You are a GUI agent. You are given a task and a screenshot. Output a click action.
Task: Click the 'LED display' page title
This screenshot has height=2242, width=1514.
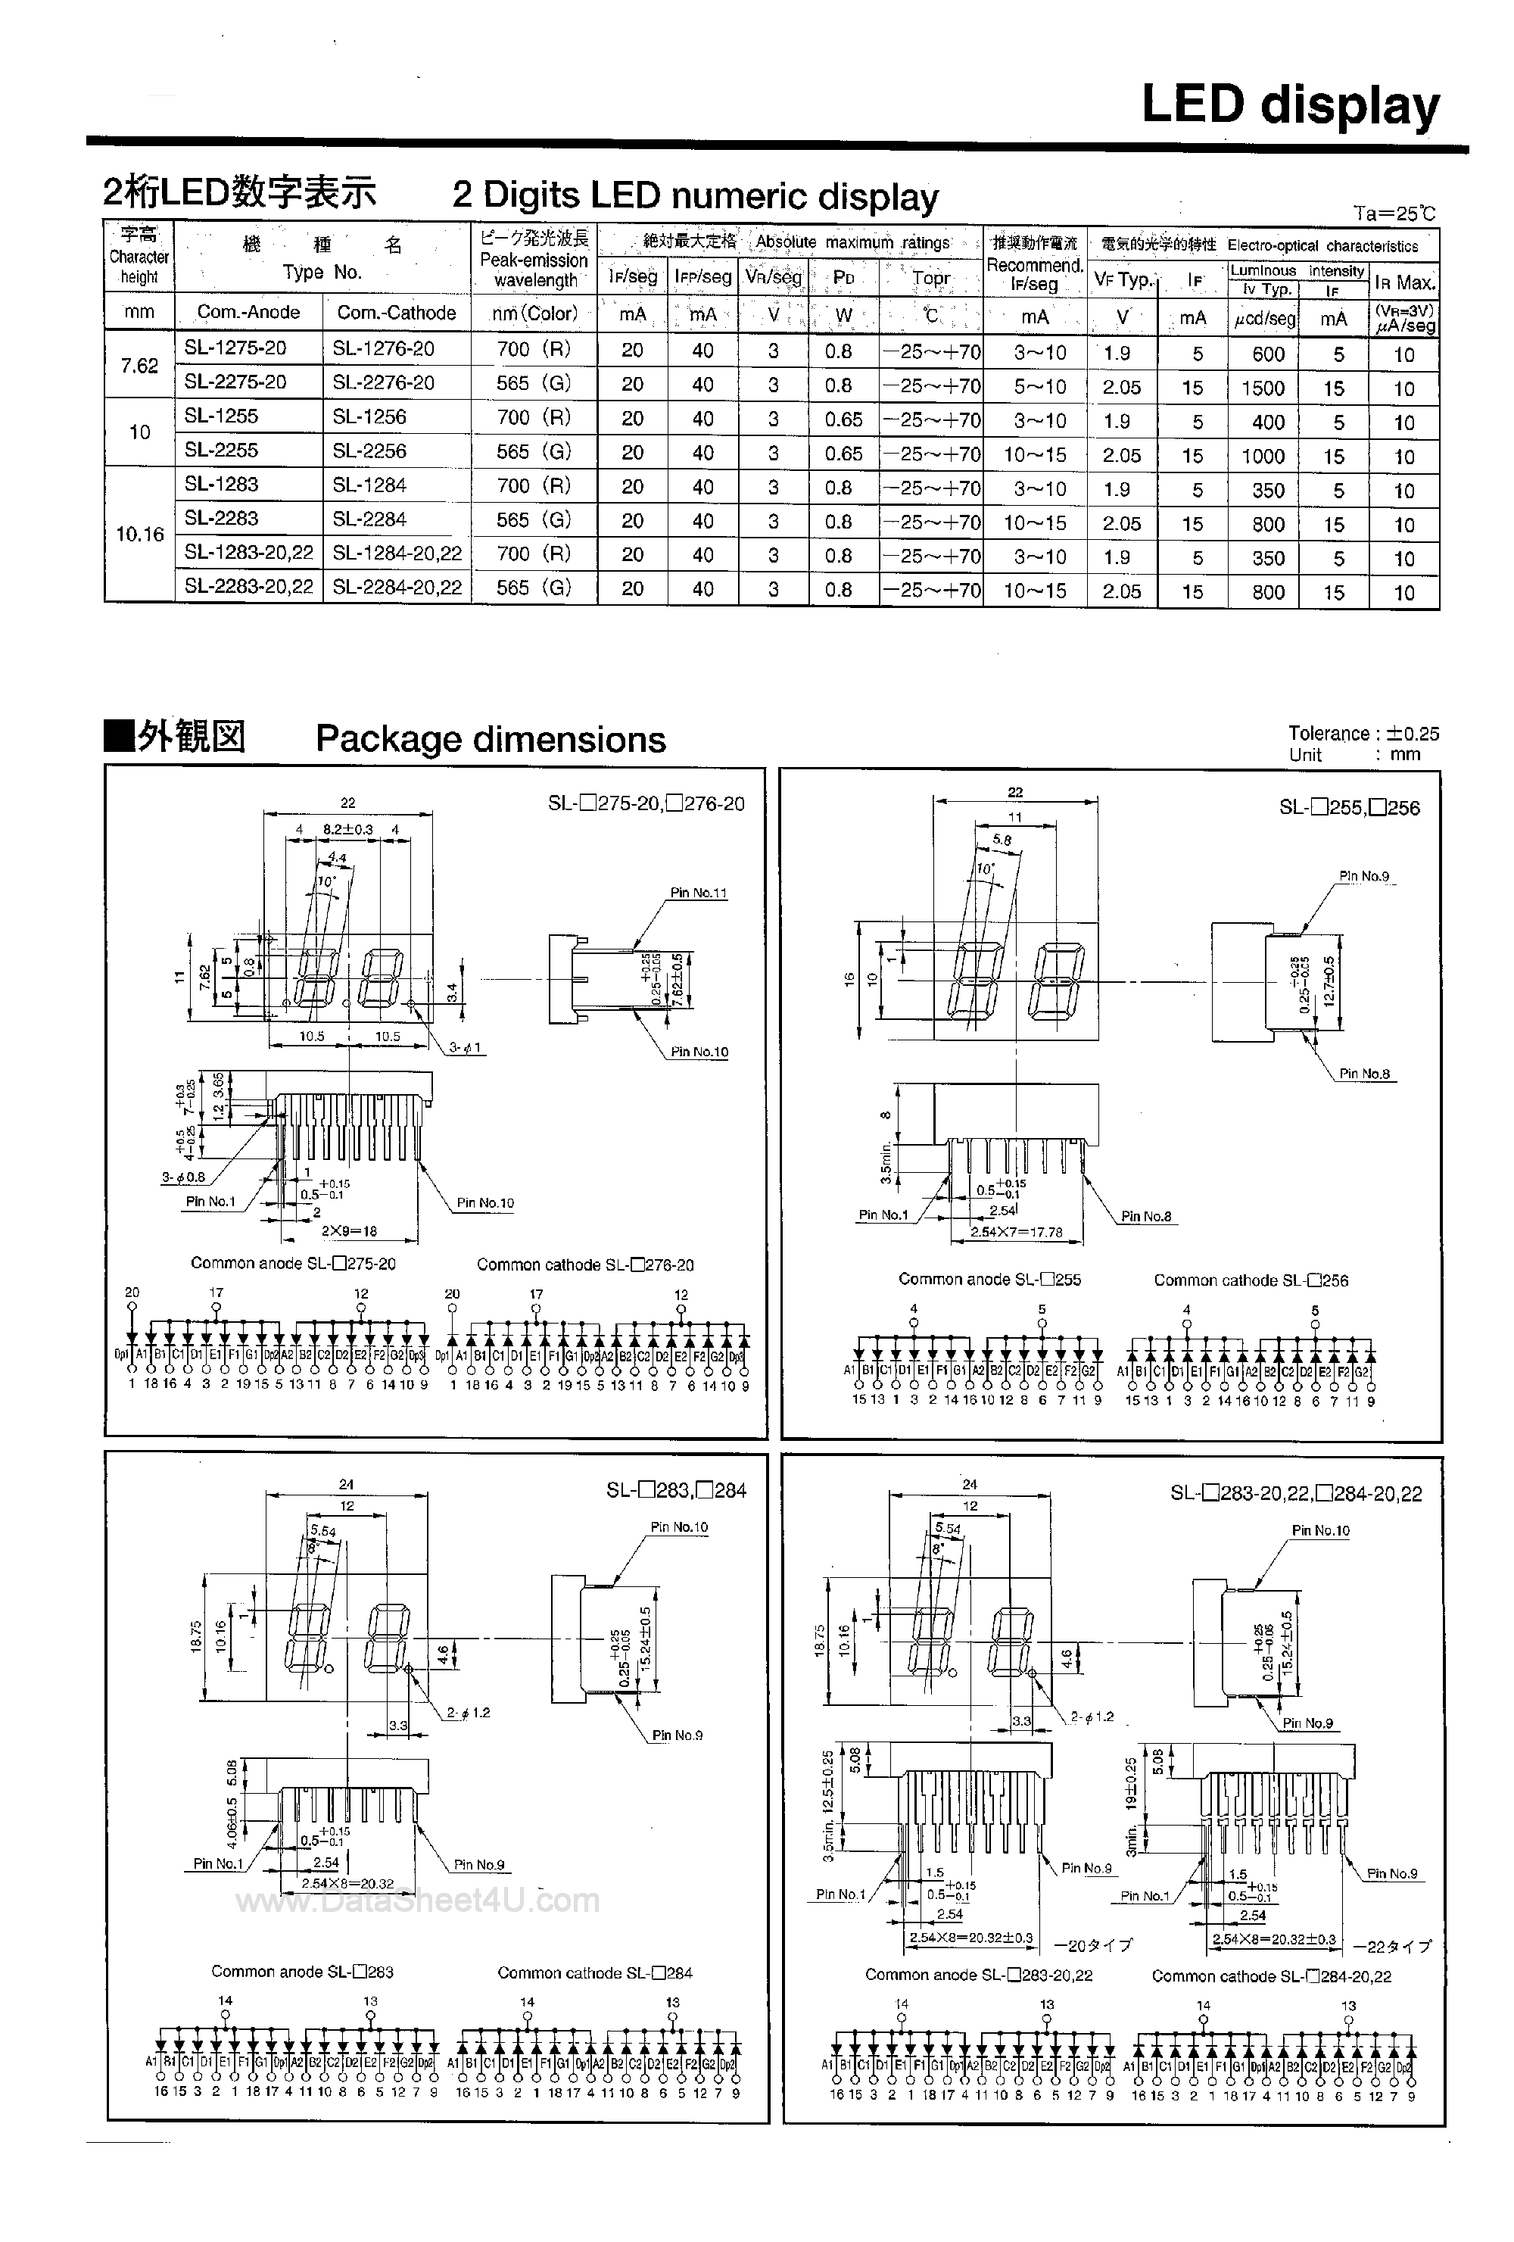coord(1289,106)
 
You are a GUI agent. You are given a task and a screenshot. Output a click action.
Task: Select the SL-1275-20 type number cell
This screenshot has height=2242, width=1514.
coord(235,348)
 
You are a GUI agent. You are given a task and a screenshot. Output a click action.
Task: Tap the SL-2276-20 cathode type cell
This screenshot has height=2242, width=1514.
coord(383,382)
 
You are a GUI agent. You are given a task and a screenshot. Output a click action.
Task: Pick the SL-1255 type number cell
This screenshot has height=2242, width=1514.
coord(221,416)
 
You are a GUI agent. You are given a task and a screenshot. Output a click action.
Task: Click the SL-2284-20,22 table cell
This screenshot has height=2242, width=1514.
coord(397,587)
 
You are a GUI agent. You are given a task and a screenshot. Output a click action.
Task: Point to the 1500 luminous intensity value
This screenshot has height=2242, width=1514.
coord(1263,388)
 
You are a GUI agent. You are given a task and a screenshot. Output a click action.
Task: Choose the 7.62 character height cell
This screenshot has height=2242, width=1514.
coord(139,366)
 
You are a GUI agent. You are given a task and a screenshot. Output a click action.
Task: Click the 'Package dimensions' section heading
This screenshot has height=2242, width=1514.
coord(490,739)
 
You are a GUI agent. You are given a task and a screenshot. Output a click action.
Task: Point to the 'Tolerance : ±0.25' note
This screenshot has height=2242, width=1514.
coord(1363,733)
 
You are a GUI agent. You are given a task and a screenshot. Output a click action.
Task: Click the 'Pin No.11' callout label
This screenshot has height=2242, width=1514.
coord(698,893)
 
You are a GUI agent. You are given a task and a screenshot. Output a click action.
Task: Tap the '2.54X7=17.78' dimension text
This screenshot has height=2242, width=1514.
coord(1017,1232)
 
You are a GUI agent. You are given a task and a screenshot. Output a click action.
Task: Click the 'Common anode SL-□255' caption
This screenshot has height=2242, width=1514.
coord(989,1279)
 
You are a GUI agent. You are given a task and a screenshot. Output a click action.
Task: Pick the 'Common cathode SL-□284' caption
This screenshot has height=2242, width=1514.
coord(594,1973)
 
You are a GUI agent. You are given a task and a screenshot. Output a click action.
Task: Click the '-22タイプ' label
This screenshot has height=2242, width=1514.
coord(1392,1947)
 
